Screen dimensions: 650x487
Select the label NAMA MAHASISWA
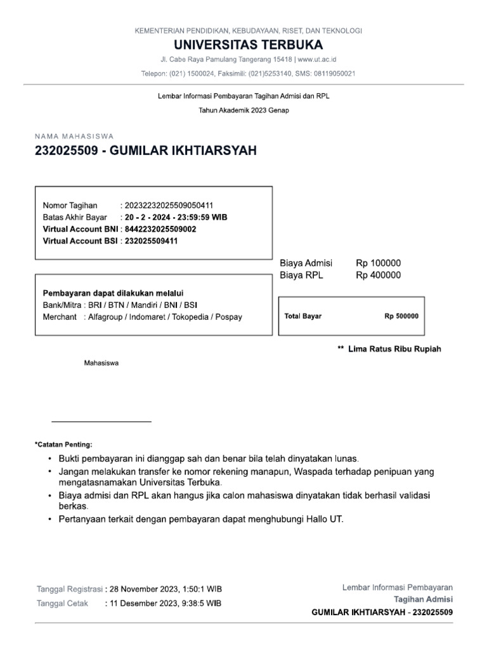pos(74,136)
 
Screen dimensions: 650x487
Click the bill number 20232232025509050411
pos(168,205)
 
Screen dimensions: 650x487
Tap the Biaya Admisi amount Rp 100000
pos(378,263)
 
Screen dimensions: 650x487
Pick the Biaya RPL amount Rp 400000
pos(378,275)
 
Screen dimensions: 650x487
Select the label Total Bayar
pos(303,316)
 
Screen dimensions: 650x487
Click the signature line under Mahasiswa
pos(101,421)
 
